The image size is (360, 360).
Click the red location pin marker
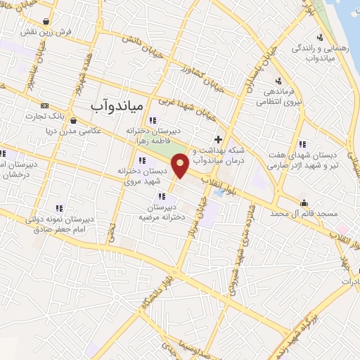click(180, 165)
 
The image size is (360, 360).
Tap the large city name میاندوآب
click(118, 105)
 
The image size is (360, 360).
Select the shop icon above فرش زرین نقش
click(46, 21)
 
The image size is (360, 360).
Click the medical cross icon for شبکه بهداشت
click(219, 139)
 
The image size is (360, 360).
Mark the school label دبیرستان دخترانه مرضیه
click(163, 212)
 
